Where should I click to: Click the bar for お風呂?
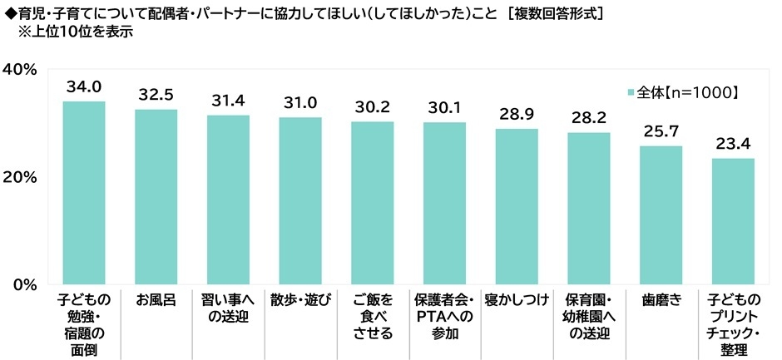click(x=156, y=197)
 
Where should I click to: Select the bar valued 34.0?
click(x=84, y=193)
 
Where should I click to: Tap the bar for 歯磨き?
click(x=661, y=215)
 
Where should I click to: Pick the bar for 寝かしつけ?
click(x=517, y=207)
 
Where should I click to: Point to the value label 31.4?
click(x=228, y=100)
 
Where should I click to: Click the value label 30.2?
click(x=372, y=106)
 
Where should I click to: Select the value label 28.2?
click(x=588, y=117)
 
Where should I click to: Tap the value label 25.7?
click(x=661, y=131)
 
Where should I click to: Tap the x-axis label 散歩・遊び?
click(x=300, y=300)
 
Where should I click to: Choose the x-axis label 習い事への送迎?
click(x=228, y=308)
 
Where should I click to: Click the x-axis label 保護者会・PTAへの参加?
click(x=444, y=317)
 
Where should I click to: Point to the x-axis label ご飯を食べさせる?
click(x=372, y=317)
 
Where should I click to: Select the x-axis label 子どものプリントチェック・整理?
click(x=733, y=325)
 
